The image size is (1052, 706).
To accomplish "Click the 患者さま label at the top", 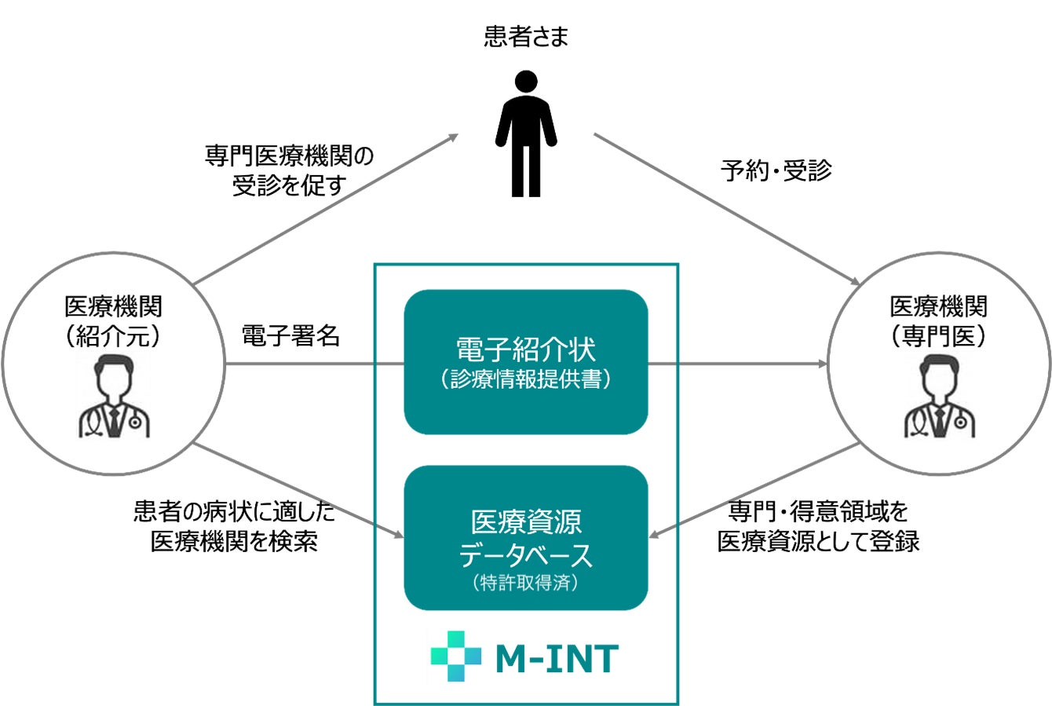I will [x=525, y=38].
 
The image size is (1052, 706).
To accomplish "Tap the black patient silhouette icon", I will [x=525, y=134].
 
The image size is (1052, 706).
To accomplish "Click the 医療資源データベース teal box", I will [x=525, y=538].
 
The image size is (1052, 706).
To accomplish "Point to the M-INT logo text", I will [x=557, y=659].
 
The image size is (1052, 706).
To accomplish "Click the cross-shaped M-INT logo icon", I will [x=455, y=657].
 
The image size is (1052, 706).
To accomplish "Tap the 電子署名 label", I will [x=290, y=337].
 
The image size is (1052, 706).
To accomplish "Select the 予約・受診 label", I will [x=776, y=170].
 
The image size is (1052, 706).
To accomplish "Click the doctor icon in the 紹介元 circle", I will [x=115, y=397].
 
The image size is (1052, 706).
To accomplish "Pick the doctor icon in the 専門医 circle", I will [x=939, y=397].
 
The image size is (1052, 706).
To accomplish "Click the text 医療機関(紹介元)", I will [x=115, y=320].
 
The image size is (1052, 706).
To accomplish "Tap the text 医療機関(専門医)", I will [x=939, y=320].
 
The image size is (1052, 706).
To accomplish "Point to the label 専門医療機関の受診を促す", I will [x=290, y=171].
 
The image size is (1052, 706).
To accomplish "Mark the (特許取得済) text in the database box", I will [x=525, y=583].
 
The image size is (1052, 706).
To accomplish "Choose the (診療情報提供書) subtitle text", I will [x=525, y=379].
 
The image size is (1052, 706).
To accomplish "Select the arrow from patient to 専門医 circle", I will [x=726, y=209].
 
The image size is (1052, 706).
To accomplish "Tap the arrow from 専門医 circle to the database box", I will [x=754, y=491].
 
